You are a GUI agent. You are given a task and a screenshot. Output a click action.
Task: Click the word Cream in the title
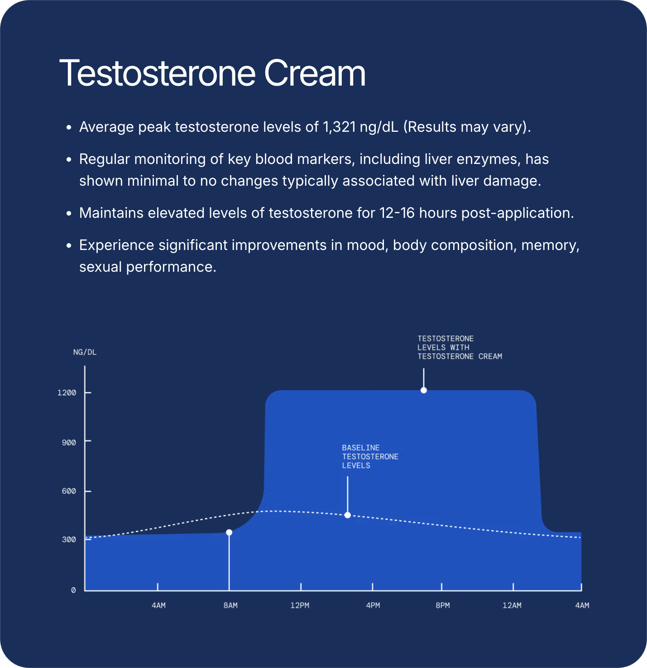point(314,73)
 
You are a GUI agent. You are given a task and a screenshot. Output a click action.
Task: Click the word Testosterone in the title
point(158,73)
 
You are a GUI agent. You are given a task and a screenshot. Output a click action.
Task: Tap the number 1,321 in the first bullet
point(339,127)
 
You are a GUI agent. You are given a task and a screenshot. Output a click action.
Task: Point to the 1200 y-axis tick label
point(67,393)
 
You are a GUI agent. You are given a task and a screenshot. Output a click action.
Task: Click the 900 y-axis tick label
point(69,442)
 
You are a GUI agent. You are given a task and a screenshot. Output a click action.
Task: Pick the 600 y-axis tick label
point(69,491)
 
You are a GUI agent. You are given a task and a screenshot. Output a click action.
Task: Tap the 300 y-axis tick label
point(69,540)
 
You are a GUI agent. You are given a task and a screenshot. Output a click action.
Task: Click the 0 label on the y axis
point(73,590)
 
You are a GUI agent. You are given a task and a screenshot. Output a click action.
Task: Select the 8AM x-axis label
point(230,605)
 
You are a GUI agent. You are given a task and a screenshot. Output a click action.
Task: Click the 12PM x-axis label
point(300,605)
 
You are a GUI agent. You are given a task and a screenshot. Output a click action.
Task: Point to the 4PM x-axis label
point(373,605)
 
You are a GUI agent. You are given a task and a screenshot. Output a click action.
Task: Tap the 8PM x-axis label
point(442,605)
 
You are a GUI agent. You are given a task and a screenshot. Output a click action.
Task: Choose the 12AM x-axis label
point(512,605)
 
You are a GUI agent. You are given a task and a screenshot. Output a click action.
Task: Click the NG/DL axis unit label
point(85,352)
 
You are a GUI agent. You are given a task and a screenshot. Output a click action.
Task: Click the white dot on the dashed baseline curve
point(347,515)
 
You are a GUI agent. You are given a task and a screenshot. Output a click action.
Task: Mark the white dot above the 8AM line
point(229,533)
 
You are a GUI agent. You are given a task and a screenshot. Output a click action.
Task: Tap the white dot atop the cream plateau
point(423,390)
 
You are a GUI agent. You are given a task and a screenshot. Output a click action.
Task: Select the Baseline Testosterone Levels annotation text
point(370,457)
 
